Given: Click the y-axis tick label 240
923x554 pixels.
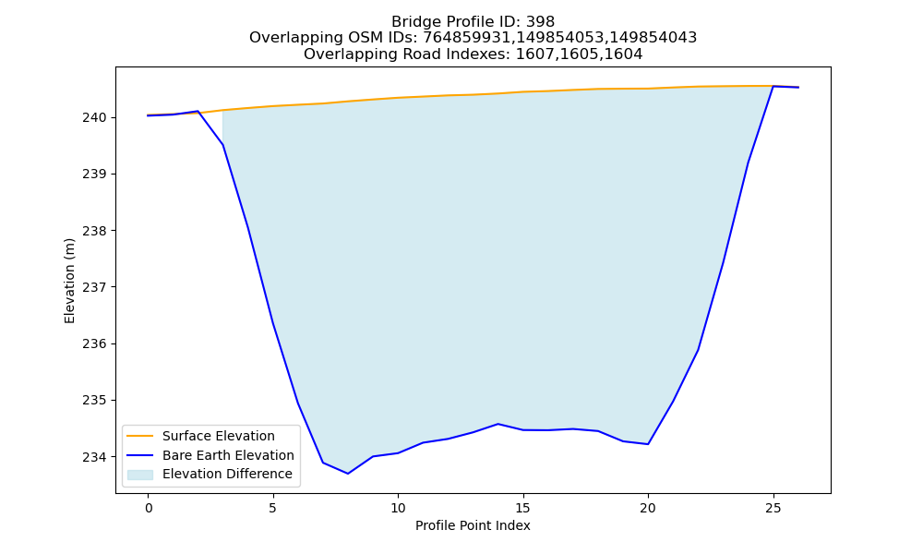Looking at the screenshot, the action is pyautogui.click(x=94, y=118).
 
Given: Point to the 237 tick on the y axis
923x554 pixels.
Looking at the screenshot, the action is pyautogui.click(x=94, y=287).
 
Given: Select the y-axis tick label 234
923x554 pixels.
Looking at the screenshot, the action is pyautogui.click(x=94, y=457).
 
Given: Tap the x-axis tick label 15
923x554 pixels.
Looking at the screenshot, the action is pyautogui.click(x=522, y=508).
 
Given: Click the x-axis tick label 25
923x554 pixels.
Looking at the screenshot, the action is pyautogui.click(x=773, y=508).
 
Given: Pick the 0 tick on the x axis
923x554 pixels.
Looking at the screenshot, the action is pyautogui.click(x=149, y=508).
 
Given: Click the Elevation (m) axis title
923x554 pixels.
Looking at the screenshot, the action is pyautogui.click(x=69, y=281).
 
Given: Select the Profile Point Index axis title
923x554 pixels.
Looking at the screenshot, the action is pyautogui.click(x=473, y=525).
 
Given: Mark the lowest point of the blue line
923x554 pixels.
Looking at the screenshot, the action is pyautogui.click(x=348, y=474).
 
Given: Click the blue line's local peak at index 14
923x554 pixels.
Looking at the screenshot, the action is pyautogui.click(x=498, y=424).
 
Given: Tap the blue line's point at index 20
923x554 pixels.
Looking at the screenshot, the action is pyautogui.click(x=648, y=444).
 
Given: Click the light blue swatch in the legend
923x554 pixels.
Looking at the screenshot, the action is pyautogui.click(x=140, y=475).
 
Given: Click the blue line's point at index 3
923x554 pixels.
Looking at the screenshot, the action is pyautogui.click(x=223, y=145).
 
